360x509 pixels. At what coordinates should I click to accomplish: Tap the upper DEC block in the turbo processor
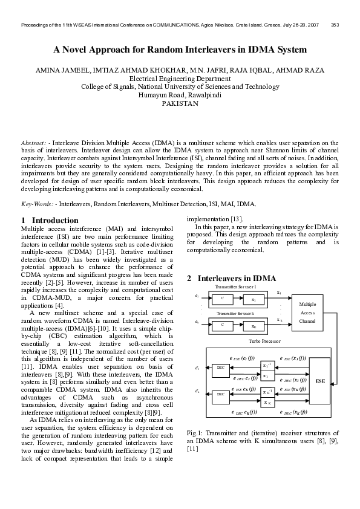(220, 368)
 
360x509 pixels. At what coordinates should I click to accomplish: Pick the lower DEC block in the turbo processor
(220, 394)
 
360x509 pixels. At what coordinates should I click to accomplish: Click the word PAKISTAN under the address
(180, 103)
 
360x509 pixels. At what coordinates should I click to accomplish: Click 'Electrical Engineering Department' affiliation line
(180, 79)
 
